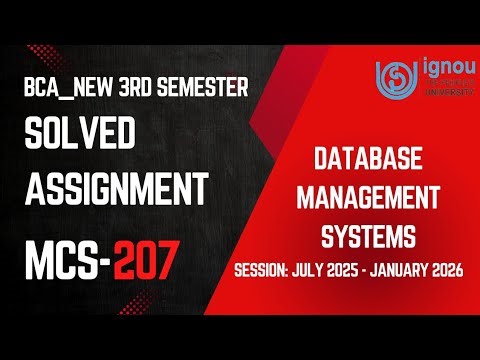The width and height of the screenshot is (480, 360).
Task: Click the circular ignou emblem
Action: [x=393, y=75]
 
